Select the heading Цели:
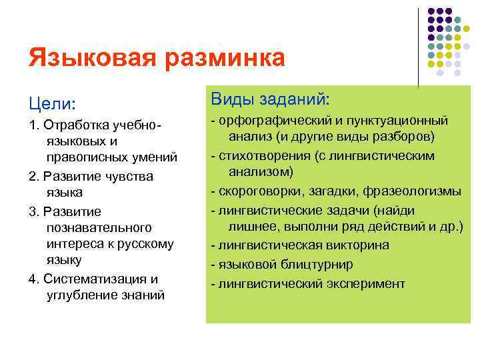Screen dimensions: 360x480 (52, 105)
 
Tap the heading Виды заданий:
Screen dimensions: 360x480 (270, 99)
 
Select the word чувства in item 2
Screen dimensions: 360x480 (129, 176)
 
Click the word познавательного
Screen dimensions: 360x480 (99, 228)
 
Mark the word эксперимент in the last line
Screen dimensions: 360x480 (365, 283)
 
